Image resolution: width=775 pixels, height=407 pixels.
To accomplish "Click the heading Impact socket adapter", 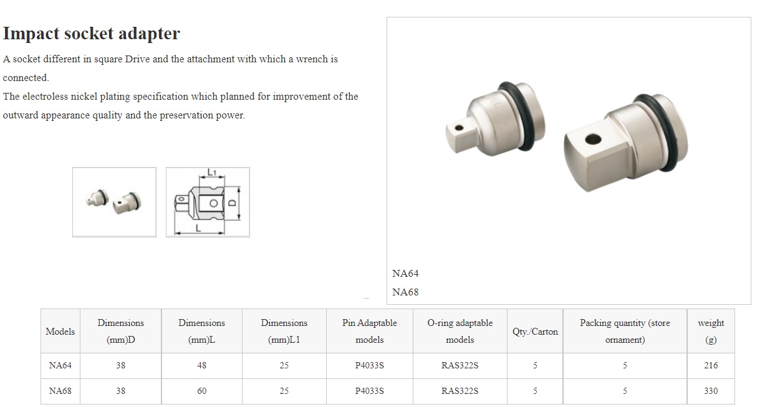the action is [x=91, y=34].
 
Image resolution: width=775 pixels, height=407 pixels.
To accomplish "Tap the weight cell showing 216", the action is [x=711, y=365].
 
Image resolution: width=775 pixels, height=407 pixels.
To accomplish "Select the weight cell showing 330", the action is [x=711, y=391].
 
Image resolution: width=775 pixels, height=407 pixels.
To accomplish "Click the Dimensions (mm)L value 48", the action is [x=202, y=365].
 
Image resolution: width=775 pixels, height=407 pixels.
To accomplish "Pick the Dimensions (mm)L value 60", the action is [x=202, y=391].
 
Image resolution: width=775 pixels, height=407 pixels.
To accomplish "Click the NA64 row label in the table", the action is [x=60, y=365].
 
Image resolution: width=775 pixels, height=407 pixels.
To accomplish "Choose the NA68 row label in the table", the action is [x=60, y=391].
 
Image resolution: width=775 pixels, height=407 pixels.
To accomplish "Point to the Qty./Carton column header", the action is [x=535, y=332].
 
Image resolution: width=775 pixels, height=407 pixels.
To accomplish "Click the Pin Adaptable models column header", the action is [x=370, y=331].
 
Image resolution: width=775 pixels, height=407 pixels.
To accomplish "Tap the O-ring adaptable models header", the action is [x=460, y=331].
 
